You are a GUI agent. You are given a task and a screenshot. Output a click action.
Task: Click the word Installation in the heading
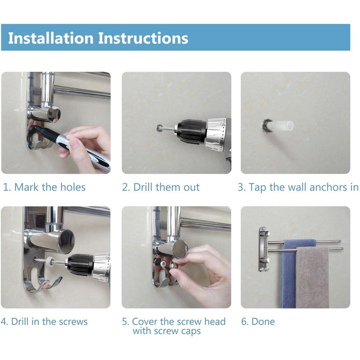[x=51, y=38]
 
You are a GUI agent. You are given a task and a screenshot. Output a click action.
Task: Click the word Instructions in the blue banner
[x=143, y=38]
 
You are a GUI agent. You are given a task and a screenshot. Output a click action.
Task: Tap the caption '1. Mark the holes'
[x=44, y=187]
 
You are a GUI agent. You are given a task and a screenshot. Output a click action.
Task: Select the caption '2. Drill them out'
[x=160, y=187]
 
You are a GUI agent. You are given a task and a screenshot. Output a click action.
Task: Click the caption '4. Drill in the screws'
[x=44, y=321]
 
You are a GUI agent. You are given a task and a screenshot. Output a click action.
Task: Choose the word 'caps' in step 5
[x=191, y=331]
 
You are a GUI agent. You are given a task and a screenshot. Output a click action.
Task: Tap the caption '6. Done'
[x=258, y=321]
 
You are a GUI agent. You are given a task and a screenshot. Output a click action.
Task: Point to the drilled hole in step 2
[x=159, y=128]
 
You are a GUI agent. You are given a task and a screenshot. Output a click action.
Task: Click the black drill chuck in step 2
[x=191, y=132]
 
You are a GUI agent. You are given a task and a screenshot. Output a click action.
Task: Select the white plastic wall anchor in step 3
[x=281, y=126]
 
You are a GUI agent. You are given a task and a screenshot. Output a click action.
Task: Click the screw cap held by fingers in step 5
[x=173, y=266]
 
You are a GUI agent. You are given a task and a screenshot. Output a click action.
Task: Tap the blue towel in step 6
[x=289, y=273]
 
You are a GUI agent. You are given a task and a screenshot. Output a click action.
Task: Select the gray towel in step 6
[x=312, y=277]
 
